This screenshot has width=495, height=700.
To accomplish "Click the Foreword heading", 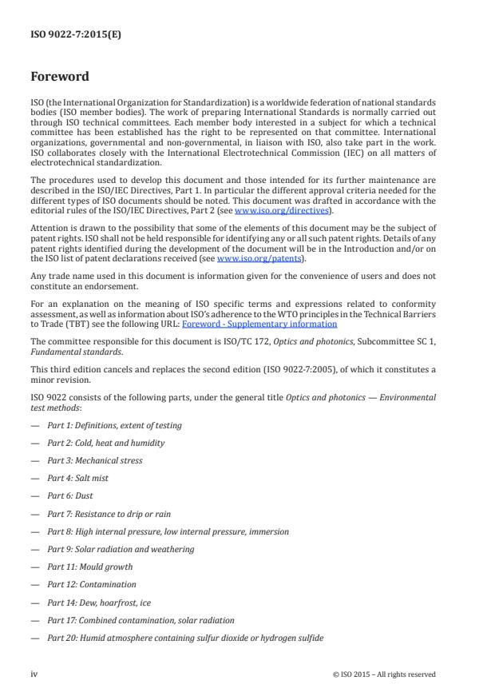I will click(x=59, y=78).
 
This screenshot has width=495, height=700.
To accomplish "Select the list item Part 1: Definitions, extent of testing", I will click(x=114, y=425).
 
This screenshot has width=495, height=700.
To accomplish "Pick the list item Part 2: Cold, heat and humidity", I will click(x=105, y=443).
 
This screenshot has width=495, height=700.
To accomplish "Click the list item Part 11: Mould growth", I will click(x=89, y=567).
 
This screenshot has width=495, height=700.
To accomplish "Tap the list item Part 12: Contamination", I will click(x=91, y=584).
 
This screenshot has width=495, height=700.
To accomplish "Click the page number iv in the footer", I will click(x=34, y=674).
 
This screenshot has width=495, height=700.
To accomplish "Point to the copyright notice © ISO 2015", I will click(x=384, y=674).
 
